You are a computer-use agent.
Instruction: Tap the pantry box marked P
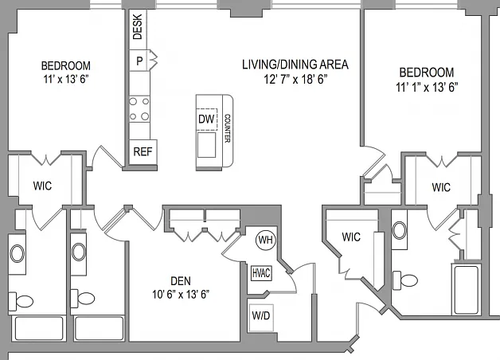click(x=139, y=61)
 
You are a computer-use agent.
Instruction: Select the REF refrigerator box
click(x=143, y=152)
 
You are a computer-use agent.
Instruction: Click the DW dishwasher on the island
click(x=207, y=119)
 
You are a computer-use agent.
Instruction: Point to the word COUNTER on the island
click(x=228, y=128)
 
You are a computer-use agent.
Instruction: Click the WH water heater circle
click(x=266, y=240)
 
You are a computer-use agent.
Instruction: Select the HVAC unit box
click(x=261, y=273)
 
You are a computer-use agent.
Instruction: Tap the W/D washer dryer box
click(x=261, y=315)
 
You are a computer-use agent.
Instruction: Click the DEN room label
click(x=181, y=281)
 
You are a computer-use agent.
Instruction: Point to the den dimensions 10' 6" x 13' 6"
click(x=181, y=295)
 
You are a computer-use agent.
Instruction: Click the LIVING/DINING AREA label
click(x=295, y=65)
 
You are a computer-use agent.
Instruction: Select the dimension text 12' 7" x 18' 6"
click(x=295, y=79)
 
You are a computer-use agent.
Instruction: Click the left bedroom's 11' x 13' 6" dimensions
click(x=66, y=79)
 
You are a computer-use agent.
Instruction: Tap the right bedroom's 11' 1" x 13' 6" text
click(x=427, y=87)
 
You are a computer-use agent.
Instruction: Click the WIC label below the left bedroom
click(x=42, y=186)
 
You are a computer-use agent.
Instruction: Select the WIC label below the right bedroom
click(x=441, y=187)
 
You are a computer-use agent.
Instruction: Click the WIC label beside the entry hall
click(x=351, y=237)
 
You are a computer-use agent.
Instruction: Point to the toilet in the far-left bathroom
click(x=21, y=301)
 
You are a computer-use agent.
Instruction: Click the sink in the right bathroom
click(x=399, y=230)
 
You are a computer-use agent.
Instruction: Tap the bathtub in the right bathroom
click(x=466, y=290)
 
